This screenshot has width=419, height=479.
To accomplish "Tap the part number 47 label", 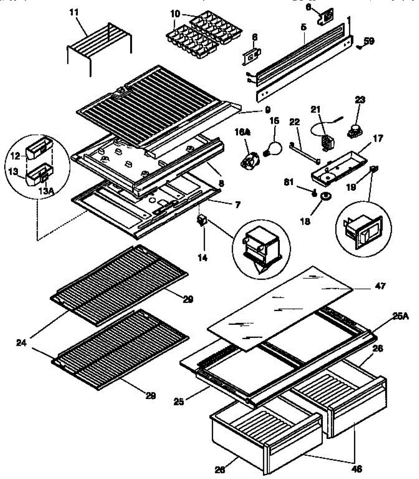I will coord(380,286).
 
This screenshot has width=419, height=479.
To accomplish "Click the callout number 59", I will coord(369,40).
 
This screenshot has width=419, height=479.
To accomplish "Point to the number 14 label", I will coord(203,258).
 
